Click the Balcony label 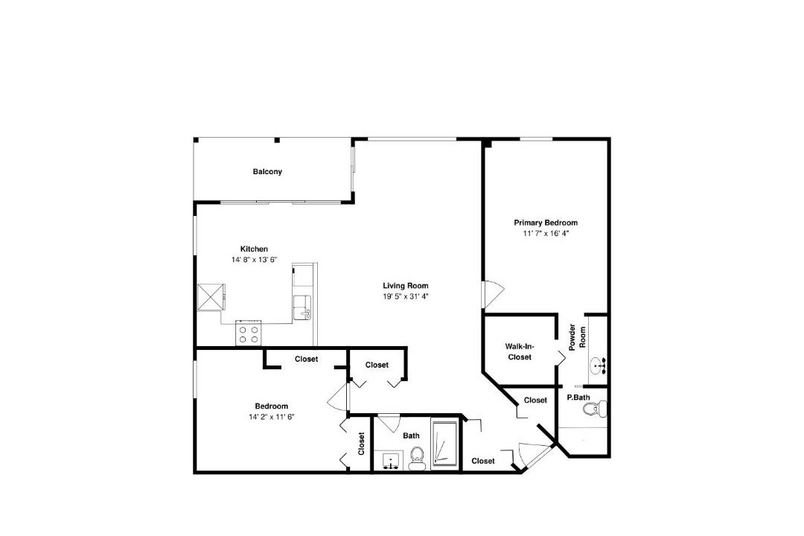tap(267, 172)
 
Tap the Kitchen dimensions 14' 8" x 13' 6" tap(255, 260)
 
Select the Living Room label tap(406, 286)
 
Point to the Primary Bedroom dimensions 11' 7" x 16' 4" tap(546, 233)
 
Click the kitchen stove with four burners tap(249, 333)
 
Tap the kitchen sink tap(302, 307)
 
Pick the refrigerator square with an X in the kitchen tap(211, 297)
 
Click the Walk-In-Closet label tap(520, 352)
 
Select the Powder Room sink tap(597, 366)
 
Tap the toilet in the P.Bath tap(596, 409)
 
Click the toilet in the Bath tap(416, 459)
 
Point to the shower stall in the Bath tap(444, 444)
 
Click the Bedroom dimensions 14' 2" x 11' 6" tap(272, 417)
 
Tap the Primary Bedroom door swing tap(493, 294)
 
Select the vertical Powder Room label tap(578, 337)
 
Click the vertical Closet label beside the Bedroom tap(362, 444)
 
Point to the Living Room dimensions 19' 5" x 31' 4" tap(406, 296)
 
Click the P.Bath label tap(578, 398)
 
